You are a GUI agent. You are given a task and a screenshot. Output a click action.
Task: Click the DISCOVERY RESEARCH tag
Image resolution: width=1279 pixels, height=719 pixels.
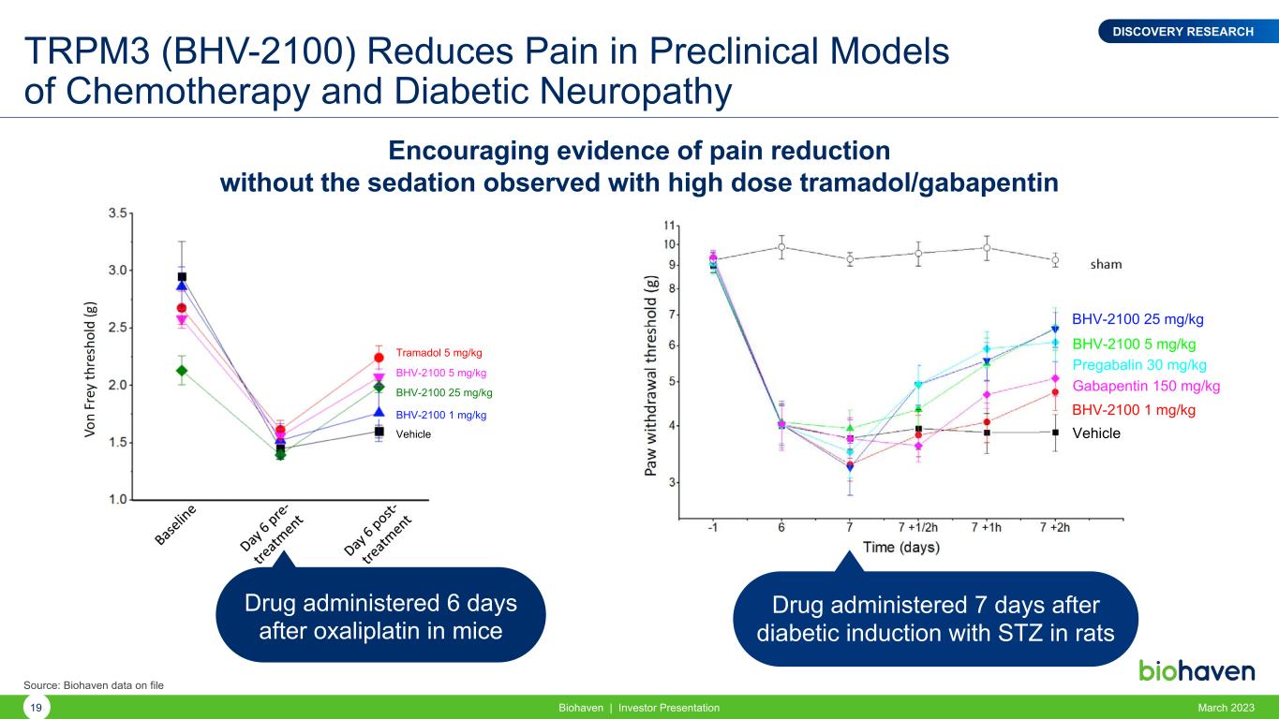point(1182,32)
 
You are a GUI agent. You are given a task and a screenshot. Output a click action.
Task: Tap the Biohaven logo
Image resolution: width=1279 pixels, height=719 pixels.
point(1196,671)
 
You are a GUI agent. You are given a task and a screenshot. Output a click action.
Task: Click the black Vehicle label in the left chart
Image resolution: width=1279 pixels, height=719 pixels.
point(413,433)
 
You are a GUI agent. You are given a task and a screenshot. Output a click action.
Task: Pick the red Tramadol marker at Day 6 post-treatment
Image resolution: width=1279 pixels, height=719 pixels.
point(379,358)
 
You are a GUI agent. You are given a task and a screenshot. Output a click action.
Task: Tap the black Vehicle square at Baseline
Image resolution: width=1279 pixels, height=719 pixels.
point(182,277)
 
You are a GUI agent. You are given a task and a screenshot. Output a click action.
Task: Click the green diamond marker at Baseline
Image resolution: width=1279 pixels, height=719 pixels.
point(182,371)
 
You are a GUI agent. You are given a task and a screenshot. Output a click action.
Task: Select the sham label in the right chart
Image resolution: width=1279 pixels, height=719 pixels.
point(1106,264)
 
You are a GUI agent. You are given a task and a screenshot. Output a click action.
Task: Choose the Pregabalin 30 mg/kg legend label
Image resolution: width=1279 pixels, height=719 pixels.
point(1138,365)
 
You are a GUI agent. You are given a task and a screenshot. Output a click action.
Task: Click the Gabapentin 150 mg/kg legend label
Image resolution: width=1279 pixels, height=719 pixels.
point(1145,386)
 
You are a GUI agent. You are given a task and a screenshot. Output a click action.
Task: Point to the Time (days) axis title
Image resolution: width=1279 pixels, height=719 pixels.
point(901,547)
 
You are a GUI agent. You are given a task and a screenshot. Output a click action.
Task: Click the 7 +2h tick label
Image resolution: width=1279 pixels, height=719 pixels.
point(1054,527)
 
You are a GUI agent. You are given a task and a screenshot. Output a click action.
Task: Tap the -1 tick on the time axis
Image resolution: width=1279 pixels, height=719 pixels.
point(713,527)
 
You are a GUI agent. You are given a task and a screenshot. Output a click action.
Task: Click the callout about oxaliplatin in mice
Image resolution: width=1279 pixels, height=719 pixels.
point(380,616)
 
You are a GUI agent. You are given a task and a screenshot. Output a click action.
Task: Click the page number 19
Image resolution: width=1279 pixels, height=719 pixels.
point(36,708)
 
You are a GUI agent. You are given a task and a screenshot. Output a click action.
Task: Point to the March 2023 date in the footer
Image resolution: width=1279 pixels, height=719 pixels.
point(1227,708)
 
